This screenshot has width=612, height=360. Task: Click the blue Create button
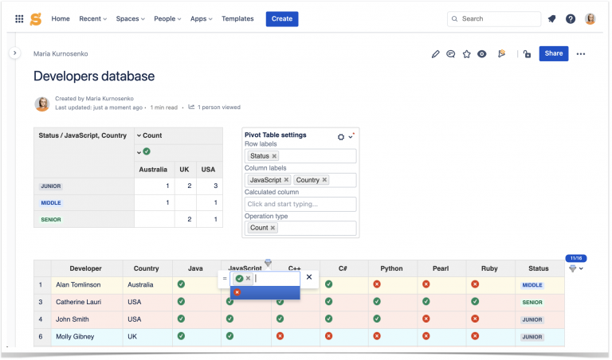(282, 18)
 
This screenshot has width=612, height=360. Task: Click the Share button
(553, 53)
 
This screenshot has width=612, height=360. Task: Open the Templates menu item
(237, 18)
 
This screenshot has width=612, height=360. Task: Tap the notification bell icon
(551, 18)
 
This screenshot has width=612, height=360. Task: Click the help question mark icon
(571, 18)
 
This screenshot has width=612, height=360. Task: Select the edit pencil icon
(435, 54)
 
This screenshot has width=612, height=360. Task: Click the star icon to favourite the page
(466, 54)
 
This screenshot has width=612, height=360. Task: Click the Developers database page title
(94, 76)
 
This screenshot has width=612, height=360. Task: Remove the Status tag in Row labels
(274, 156)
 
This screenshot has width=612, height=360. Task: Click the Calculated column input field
(300, 205)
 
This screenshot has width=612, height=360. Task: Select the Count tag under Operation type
(259, 228)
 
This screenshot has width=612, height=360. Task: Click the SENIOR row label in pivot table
(51, 219)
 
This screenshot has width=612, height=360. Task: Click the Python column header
(391, 269)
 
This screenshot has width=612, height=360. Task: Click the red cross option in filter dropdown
(237, 292)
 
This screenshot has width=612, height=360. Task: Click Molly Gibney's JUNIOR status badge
(532, 337)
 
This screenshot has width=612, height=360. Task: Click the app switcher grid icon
(19, 18)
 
